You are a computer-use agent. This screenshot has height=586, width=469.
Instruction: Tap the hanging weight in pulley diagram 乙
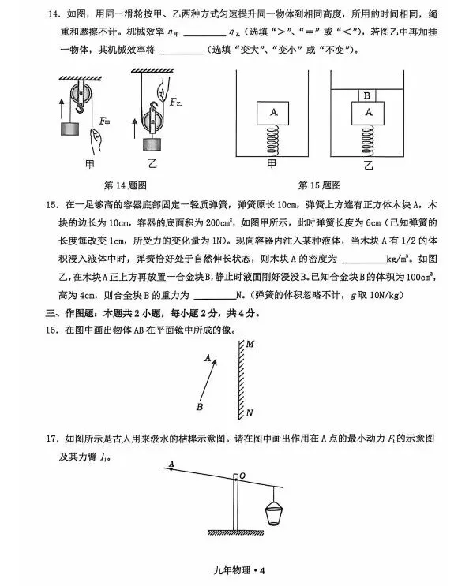153,143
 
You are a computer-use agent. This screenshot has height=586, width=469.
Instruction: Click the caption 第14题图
123,185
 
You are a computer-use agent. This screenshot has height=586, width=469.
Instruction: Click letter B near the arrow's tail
200,407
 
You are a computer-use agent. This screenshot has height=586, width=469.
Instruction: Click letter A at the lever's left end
171,465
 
